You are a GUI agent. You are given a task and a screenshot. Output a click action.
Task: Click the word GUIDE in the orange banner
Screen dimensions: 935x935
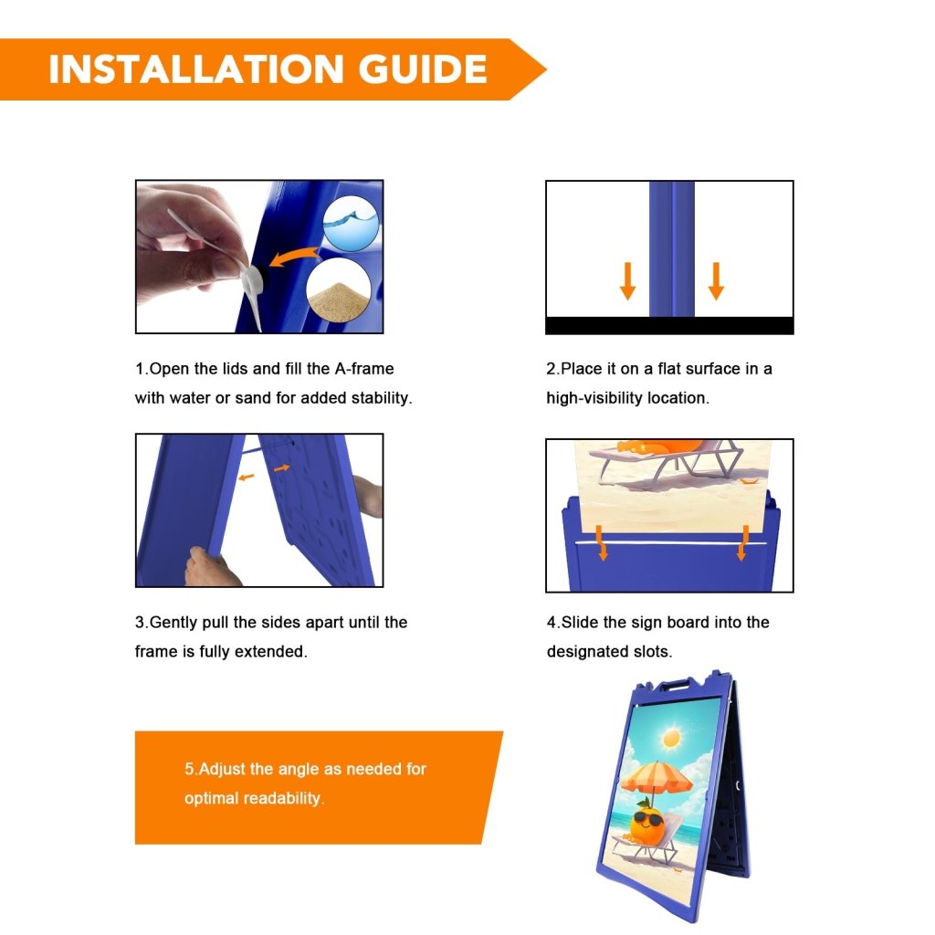(422, 69)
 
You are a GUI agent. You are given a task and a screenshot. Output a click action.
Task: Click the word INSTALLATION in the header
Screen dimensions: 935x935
(196, 69)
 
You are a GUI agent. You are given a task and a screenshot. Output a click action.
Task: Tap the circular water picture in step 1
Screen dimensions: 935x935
(351, 223)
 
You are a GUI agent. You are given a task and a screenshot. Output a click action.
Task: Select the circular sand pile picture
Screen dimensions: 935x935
(338, 290)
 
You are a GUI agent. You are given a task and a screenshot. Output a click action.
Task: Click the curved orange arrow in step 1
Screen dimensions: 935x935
(293, 257)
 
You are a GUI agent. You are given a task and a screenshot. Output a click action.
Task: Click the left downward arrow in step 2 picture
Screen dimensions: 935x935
(627, 280)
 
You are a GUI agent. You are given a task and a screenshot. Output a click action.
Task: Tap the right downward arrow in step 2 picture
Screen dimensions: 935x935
(716, 280)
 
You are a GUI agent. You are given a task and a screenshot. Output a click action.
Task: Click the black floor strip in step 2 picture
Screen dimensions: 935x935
(669, 326)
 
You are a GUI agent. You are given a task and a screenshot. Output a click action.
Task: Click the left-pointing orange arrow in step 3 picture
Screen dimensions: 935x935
(246, 477)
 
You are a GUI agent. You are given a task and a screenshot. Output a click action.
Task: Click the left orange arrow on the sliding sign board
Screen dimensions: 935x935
(603, 542)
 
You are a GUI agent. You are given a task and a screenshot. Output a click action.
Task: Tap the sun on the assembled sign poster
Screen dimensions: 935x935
(671, 739)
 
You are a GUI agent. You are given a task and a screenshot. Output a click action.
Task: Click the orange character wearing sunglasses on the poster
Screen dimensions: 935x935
(646, 825)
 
